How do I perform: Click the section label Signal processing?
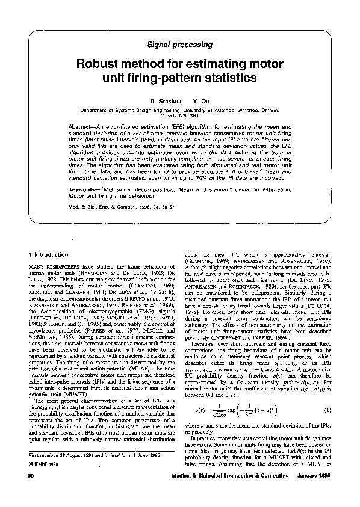(x=179, y=45)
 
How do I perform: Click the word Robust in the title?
(x=95, y=64)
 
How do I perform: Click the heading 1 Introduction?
(x=52, y=254)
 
